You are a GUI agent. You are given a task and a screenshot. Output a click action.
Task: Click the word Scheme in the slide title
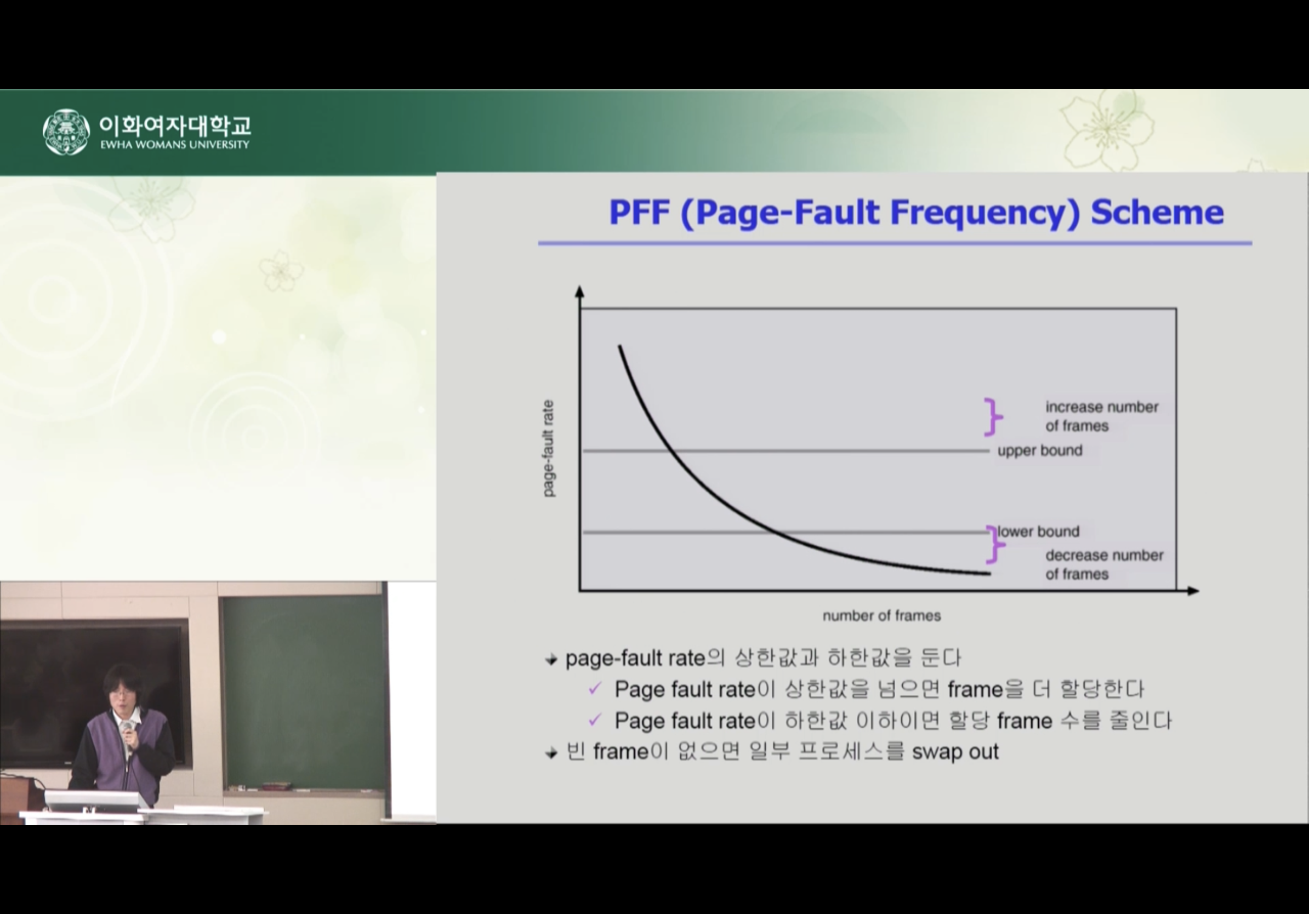(1157, 212)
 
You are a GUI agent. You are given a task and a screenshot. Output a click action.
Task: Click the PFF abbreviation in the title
(639, 212)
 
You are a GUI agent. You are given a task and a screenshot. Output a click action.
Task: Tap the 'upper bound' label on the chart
(1040, 450)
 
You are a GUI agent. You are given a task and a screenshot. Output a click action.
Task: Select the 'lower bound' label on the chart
(1038, 531)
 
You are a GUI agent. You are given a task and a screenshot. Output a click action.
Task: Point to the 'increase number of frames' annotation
(1101, 416)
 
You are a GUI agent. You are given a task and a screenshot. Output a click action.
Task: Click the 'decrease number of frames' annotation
(1105, 564)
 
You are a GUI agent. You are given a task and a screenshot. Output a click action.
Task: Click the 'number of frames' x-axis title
(881, 615)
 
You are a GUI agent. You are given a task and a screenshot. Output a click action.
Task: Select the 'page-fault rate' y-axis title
(548, 448)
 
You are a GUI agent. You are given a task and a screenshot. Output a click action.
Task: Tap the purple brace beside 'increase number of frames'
(993, 417)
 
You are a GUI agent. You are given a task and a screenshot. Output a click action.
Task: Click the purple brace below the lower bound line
(995, 544)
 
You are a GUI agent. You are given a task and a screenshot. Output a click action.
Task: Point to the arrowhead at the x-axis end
(1193, 591)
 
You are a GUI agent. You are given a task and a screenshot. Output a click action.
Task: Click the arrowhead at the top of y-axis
(580, 291)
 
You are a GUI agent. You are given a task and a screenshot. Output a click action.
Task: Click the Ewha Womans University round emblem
(66, 132)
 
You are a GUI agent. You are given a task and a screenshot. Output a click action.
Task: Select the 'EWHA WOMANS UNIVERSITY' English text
(175, 145)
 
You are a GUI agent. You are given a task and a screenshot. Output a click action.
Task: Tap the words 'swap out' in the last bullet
(955, 752)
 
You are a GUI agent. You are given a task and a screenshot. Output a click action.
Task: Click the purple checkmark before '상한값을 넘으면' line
(595, 688)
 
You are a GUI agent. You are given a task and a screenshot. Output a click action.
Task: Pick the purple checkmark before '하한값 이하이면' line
(595, 719)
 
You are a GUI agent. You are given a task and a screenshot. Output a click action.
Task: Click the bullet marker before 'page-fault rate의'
(551, 660)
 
